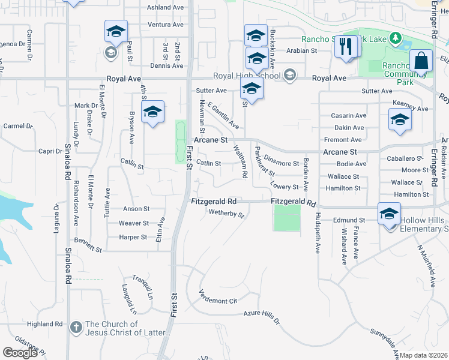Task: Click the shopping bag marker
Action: point(421,61)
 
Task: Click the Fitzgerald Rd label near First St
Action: point(214,202)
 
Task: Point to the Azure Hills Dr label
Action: point(262,316)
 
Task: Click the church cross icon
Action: point(76,328)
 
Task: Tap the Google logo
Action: point(20,352)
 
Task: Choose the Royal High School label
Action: point(247,77)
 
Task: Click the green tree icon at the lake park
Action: point(395,39)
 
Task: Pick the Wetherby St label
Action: point(226,214)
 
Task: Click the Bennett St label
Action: point(89,245)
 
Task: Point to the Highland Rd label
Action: point(49,324)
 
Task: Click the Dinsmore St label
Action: point(282,163)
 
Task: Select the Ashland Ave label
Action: point(165,7)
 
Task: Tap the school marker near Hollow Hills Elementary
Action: point(389,214)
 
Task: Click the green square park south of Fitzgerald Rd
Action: point(287,218)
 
